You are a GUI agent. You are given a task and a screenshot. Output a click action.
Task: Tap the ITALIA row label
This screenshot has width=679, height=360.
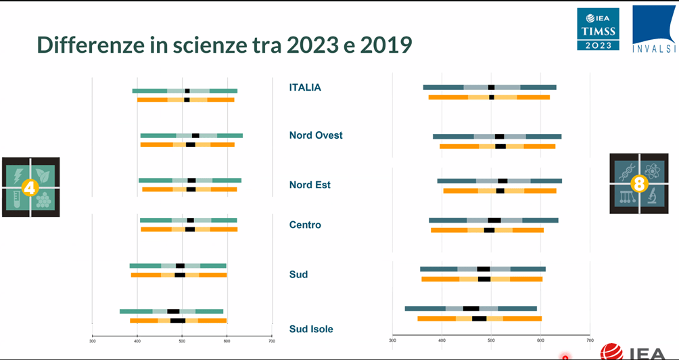tap(305, 87)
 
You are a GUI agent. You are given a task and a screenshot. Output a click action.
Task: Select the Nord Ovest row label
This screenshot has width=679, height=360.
tap(316, 135)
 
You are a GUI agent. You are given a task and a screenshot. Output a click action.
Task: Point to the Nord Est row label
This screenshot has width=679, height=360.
tap(310, 185)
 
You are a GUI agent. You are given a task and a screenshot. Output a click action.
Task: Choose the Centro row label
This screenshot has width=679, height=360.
tap(305, 225)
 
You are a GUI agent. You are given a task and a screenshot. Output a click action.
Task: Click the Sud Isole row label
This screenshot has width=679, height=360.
tap(311, 330)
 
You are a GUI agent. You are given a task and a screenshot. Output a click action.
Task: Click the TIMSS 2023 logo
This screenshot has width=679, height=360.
tap(598, 29)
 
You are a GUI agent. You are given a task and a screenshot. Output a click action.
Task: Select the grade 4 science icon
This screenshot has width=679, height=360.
tap(30, 187)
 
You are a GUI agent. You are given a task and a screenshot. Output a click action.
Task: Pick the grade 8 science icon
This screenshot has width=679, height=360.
tap(639, 183)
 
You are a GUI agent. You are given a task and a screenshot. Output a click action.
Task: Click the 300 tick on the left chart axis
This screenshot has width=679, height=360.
tap(93, 340)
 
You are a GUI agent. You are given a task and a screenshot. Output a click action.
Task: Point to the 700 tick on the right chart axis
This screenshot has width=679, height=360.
tap(590, 340)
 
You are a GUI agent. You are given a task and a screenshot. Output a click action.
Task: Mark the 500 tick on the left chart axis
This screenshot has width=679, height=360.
tap(182, 340)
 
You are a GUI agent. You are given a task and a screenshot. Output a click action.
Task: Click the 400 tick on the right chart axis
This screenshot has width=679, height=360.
tap(442, 340)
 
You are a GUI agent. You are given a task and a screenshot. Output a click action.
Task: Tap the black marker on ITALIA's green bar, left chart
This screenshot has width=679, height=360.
tap(187, 91)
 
